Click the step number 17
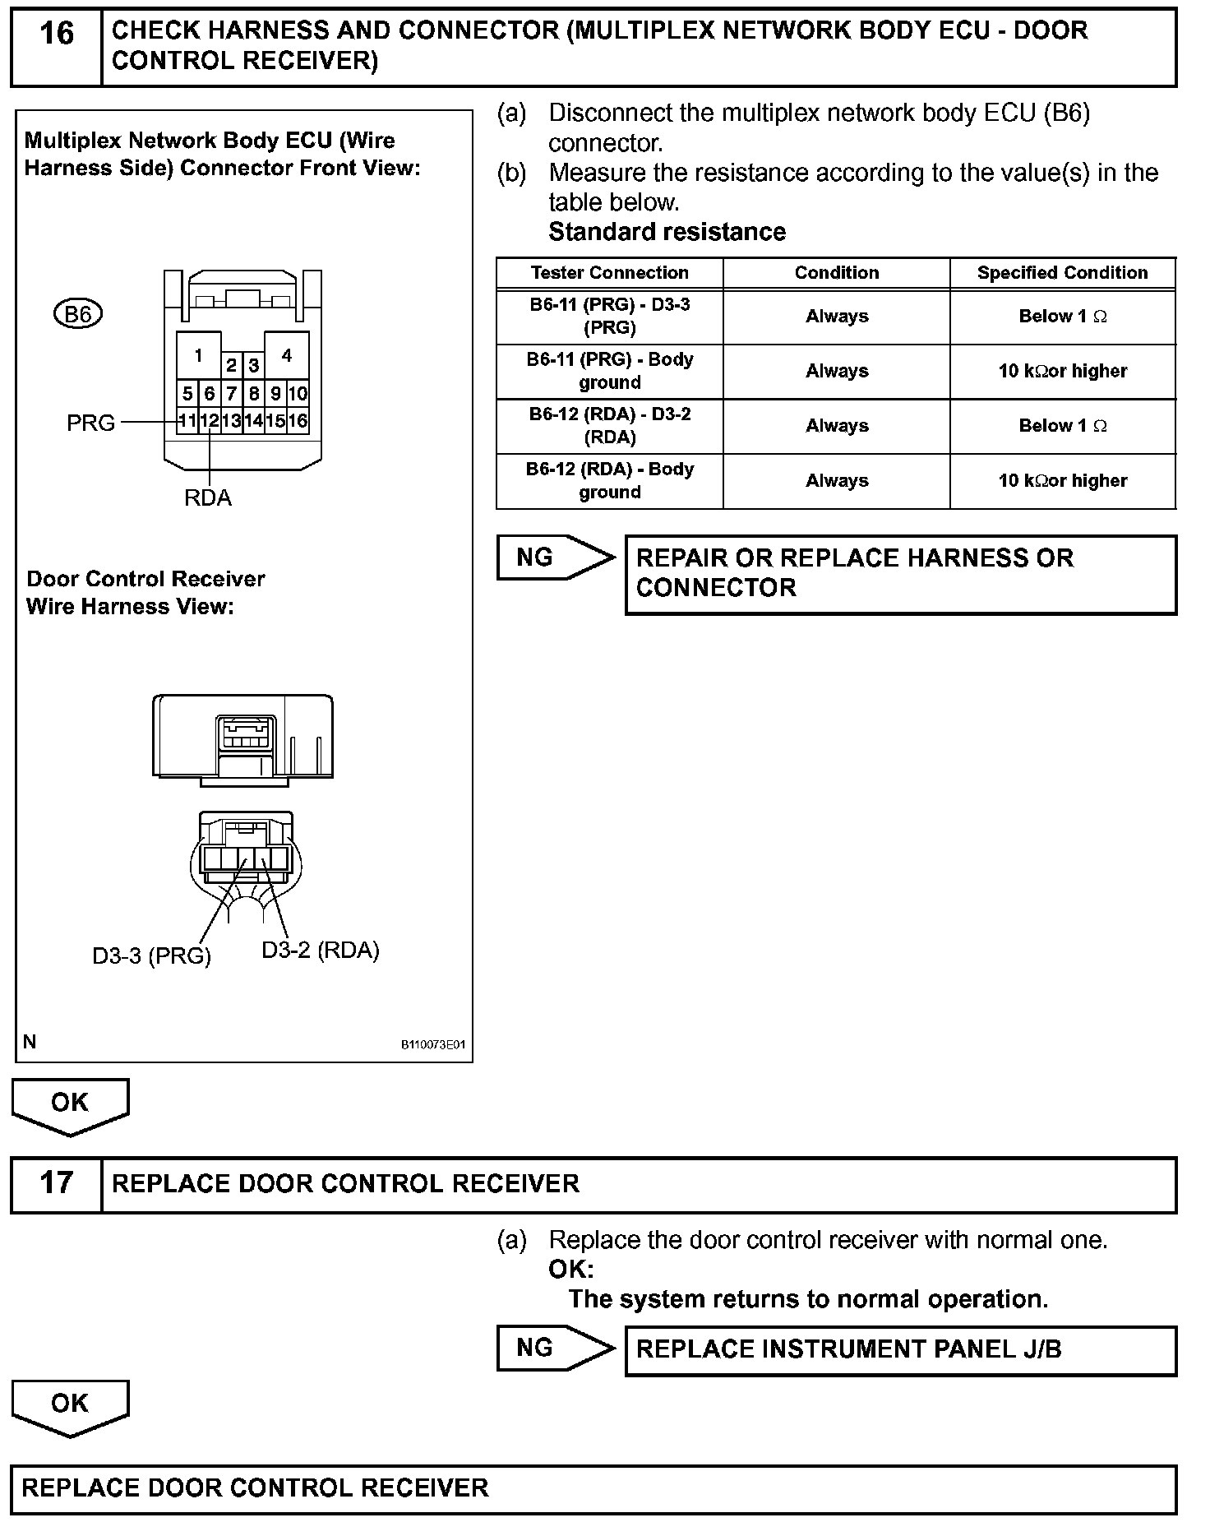pyautogui.click(x=56, y=1183)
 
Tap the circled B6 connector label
pyautogui.click(x=78, y=314)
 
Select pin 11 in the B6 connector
pyautogui.click(x=187, y=421)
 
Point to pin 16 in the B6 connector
pyautogui.click(x=298, y=421)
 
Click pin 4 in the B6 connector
pyautogui.click(x=286, y=356)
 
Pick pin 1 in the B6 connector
pyautogui.click(x=198, y=356)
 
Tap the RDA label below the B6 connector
pyautogui.click(x=208, y=498)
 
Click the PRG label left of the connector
pyautogui.click(x=90, y=423)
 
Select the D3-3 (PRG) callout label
pyautogui.click(x=151, y=956)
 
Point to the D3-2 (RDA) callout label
pyautogui.click(x=321, y=951)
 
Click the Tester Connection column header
pyautogui.click(x=609, y=273)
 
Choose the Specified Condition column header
pyautogui.click(x=1062, y=273)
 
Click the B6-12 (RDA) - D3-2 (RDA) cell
pyautogui.click(x=609, y=426)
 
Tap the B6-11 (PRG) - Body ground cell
pyautogui.click(x=609, y=371)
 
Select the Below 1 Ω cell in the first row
pyautogui.click(x=1062, y=317)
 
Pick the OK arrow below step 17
pyautogui.click(x=70, y=1407)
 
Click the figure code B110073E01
pyautogui.click(x=433, y=1045)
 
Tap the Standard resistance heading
pyautogui.click(x=667, y=232)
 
